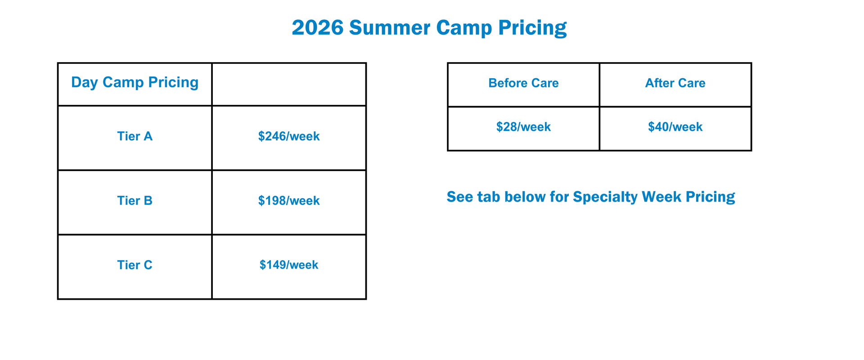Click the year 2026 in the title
pyautogui.click(x=318, y=28)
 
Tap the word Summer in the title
pyautogui.click(x=390, y=28)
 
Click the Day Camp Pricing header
pyautogui.click(x=135, y=82)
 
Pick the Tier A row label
pyautogui.click(x=135, y=136)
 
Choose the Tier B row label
pyautogui.click(x=135, y=201)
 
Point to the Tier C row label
pyautogui.click(x=135, y=265)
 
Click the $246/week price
pyautogui.click(x=289, y=136)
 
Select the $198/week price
pyautogui.click(x=289, y=201)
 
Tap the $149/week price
pyautogui.click(x=289, y=265)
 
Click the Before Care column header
pyautogui.click(x=524, y=83)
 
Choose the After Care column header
pyautogui.click(x=675, y=83)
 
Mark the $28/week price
pyautogui.click(x=524, y=127)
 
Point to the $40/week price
pyautogui.click(x=675, y=127)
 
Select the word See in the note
pyautogui.click(x=460, y=197)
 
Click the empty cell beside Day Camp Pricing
pyautogui.click(x=289, y=84)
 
